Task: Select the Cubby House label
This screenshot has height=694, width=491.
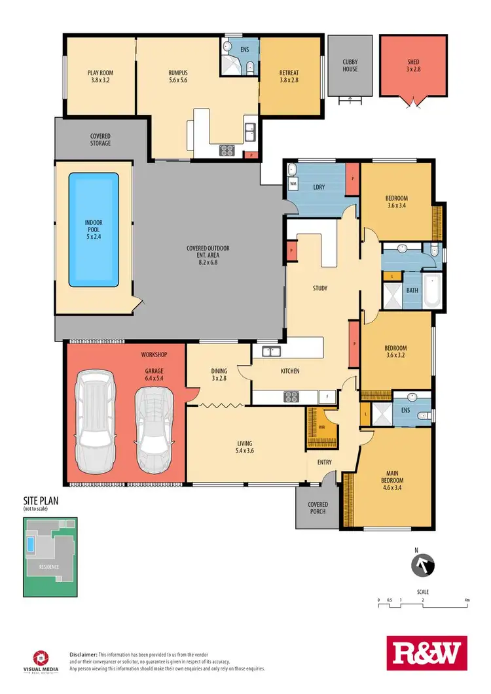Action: tap(350, 65)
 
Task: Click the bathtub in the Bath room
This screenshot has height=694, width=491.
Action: tap(431, 291)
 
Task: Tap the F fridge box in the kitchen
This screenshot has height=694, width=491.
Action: tap(325, 396)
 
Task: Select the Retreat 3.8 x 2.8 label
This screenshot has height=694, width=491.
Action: tap(289, 77)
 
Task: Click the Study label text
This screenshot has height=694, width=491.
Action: tap(320, 288)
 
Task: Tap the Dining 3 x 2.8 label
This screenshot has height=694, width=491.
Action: tap(219, 374)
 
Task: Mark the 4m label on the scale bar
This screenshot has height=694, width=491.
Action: tap(467, 600)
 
